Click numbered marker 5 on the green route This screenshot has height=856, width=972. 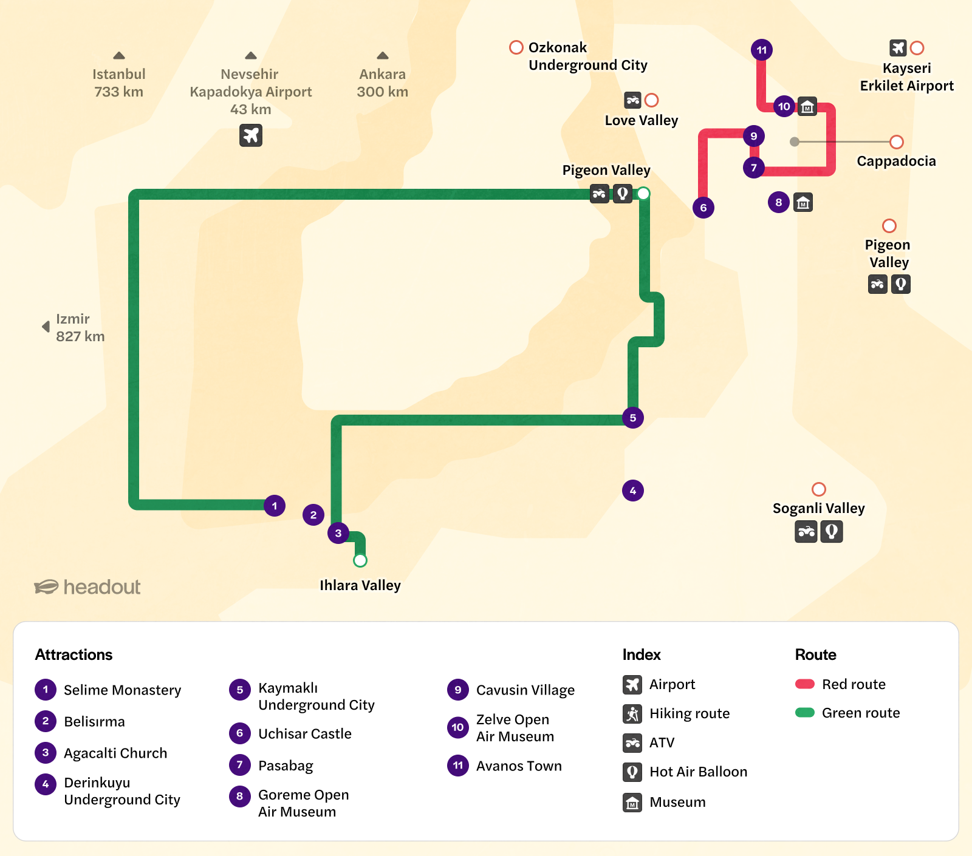(x=632, y=418)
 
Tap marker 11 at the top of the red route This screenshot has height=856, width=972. (x=761, y=50)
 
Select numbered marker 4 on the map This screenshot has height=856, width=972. (x=632, y=491)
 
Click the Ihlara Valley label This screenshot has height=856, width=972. (x=360, y=585)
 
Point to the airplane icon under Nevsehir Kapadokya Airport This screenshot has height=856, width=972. (x=250, y=135)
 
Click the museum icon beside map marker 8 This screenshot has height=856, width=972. (x=803, y=203)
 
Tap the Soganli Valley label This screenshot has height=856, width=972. (x=818, y=508)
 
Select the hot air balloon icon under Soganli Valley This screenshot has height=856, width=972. (x=832, y=532)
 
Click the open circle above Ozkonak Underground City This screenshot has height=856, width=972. (x=516, y=47)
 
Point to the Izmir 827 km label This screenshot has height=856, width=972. (x=80, y=327)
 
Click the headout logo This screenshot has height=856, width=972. (x=87, y=586)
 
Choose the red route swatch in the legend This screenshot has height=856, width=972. (x=804, y=684)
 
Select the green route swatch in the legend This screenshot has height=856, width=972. (x=804, y=713)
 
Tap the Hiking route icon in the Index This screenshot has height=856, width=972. (x=632, y=713)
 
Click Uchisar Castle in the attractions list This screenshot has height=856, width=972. (x=304, y=733)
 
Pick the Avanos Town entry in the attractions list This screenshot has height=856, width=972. (x=518, y=766)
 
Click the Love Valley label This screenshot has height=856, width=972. (x=641, y=120)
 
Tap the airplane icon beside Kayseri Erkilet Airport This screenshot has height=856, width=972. (x=897, y=47)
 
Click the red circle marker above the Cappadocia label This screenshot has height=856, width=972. (x=896, y=142)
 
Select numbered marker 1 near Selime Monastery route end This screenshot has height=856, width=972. (x=274, y=506)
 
